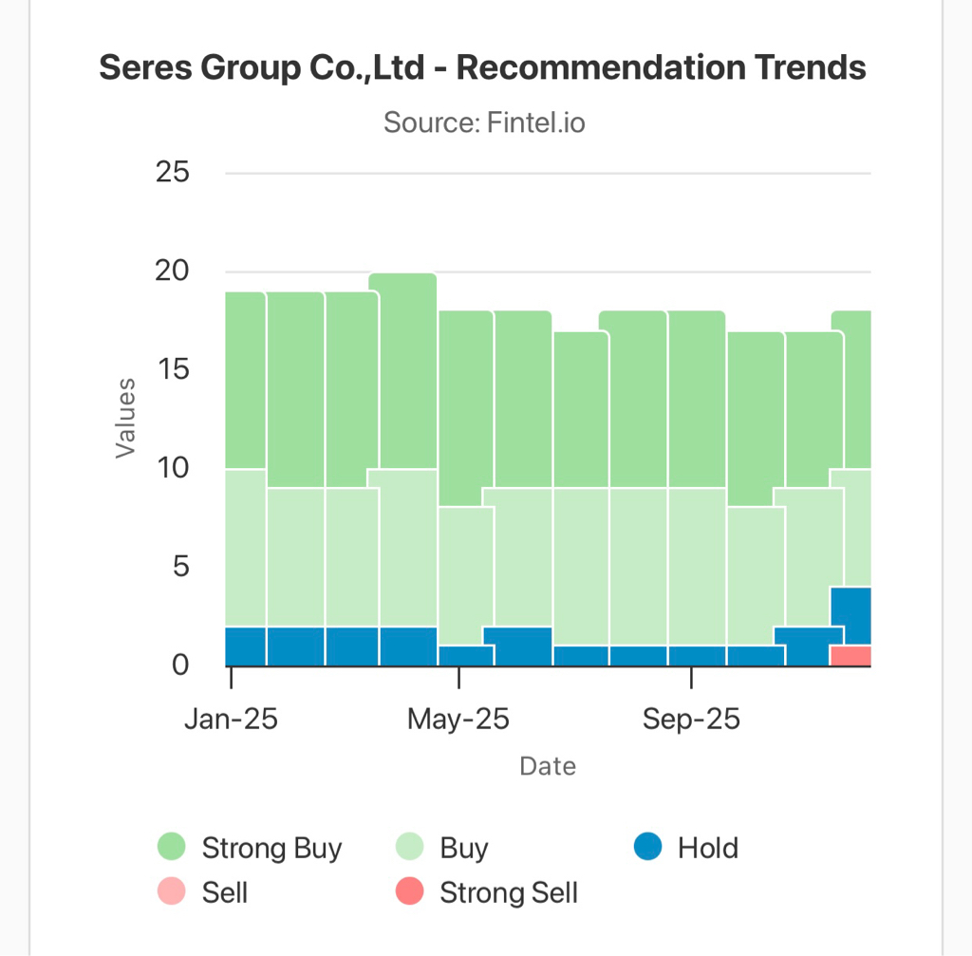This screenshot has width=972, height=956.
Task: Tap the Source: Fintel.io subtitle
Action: pyautogui.click(x=484, y=122)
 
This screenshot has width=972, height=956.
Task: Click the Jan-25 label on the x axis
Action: pyautogui.click(x=232, y=719)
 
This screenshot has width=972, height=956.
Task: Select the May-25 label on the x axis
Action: pyautogui.click(x=458, y=719)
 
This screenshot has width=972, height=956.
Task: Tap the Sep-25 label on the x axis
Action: pyautogui.click(x=691, y=719)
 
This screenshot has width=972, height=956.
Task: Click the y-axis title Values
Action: pyautogui.click(x=125, y=419)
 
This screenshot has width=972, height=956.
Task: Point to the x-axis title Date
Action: pyautogui.click(x=548, y=766)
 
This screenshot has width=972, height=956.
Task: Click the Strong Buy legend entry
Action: pyautogui.click(x=271, y=848)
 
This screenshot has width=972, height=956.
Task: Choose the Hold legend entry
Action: pyautogui.click(x=707, y=848)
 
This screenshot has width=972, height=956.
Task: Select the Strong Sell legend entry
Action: pyautogui.click(x=509, y=893)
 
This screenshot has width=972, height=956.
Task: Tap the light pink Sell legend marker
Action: pyautogui.click(x=172, y=893)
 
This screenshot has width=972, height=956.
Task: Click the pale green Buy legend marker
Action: pyautogui.click(x=409, y=848)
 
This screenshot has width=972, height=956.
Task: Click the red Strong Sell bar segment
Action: pyautogui.click(x=850, y=656)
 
